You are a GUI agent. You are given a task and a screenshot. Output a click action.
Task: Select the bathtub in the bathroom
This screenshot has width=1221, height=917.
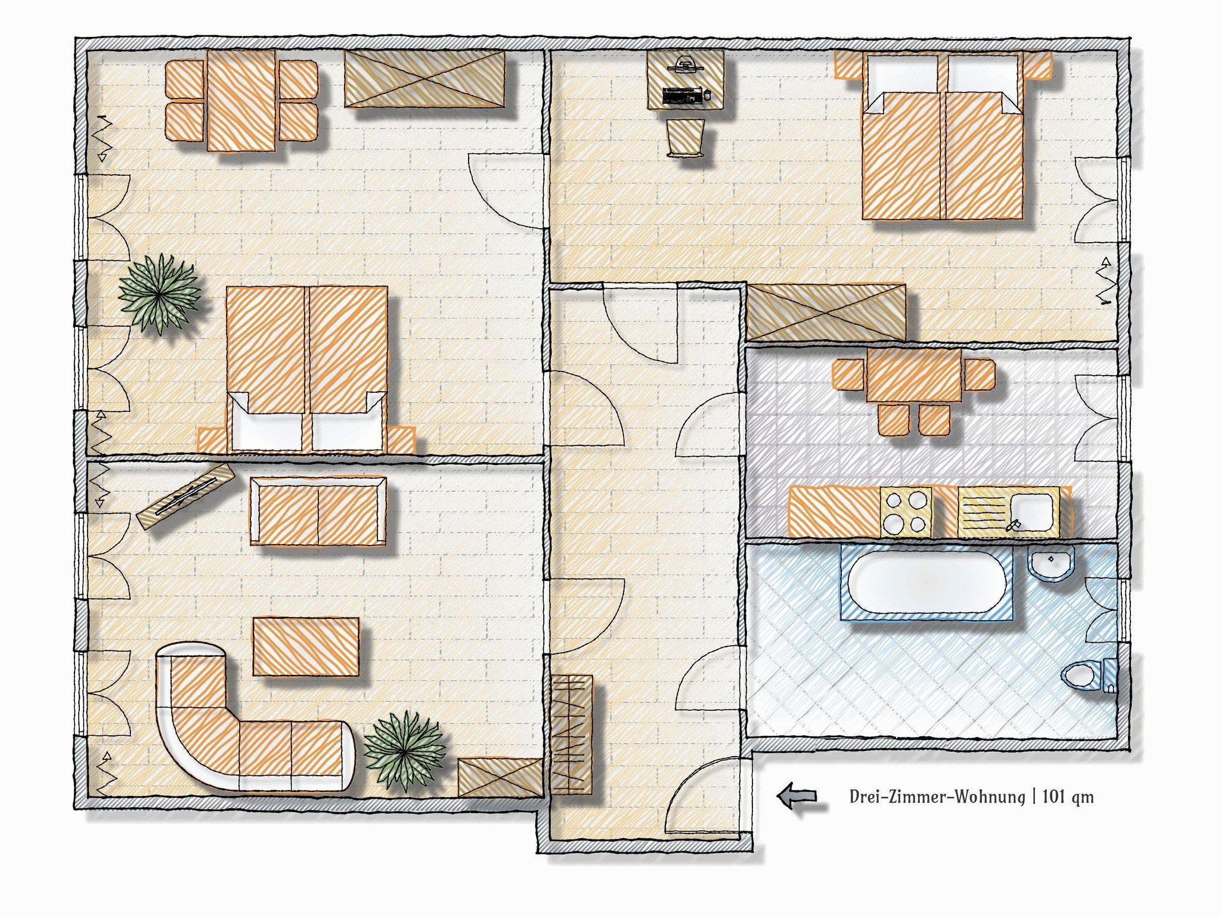[x=926, y=580]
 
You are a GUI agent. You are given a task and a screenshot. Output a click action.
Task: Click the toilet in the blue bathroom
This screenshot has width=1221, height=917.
[x=1087, y=675]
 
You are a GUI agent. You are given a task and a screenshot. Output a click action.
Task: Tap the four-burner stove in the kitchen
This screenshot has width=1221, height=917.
[x=906, y=511]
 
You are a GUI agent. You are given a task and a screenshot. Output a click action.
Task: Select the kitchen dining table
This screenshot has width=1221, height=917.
[x=914, y=375]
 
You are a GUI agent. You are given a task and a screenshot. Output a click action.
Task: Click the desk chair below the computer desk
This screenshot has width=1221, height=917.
[x=686, y=138]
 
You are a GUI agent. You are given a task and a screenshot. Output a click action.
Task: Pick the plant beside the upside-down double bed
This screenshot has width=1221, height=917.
[x=159, y=295]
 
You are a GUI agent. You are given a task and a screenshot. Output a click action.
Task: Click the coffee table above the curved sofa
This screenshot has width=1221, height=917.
[x=306, y=646]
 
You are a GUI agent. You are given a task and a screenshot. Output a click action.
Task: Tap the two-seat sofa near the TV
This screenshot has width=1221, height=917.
[x=318, y=510]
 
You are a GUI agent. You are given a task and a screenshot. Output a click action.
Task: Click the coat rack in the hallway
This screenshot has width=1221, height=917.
[x=571, y=735]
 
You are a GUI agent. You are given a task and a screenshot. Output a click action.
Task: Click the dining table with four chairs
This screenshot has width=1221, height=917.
[x=241, y=100]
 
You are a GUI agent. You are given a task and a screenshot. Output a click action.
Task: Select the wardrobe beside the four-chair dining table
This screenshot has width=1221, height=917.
[x=425, y=79]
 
